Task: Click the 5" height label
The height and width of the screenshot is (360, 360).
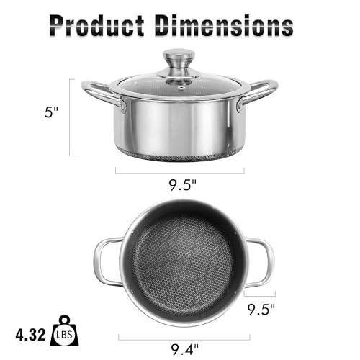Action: pos(48,114)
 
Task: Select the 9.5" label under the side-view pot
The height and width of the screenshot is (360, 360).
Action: pos(179,186)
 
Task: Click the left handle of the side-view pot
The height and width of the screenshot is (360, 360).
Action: pos(101,94)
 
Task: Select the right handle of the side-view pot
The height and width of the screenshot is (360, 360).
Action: pos(258,94)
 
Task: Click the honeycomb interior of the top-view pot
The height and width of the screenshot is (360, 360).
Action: pos(182,263)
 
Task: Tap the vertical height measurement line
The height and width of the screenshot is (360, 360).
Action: pos(71,117)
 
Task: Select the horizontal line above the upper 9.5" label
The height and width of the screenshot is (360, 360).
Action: pos(179,171)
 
